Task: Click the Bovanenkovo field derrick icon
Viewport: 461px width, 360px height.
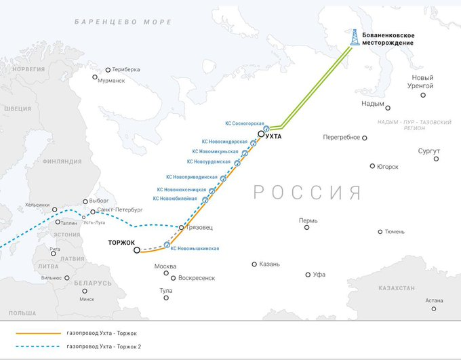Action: (354, 37)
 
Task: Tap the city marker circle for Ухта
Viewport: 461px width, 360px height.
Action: (261, 135)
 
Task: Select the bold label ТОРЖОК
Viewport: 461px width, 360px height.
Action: (122, 243)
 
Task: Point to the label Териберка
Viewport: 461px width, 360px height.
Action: (127, 69)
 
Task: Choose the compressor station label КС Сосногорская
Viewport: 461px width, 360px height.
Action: (244, 123)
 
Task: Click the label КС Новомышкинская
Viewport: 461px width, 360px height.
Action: (195, 249)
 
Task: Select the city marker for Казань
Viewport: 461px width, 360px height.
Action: (254, 264)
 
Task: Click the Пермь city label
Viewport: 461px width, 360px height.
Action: (308, 220)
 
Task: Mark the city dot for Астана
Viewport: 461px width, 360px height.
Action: (435, 308)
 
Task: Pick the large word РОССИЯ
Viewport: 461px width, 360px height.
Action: (307, 193)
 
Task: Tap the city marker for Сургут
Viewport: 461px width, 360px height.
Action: (436, 159)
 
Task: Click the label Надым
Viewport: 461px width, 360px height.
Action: (372, 103)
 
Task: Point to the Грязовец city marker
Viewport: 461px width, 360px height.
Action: (181, 227)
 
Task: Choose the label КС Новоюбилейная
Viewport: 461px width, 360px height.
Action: (175, 199)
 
